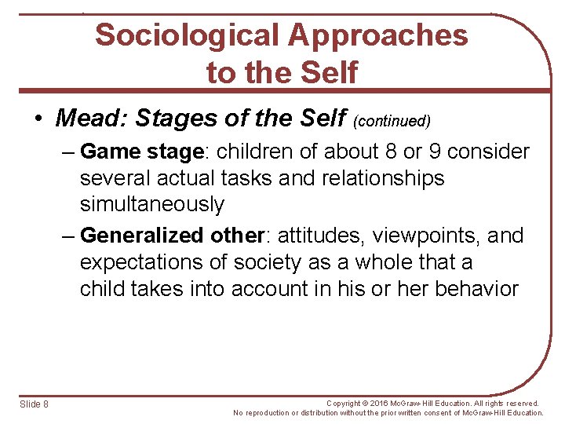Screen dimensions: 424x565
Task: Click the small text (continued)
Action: (x=392, y=121)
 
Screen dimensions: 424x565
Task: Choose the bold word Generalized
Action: (x=142, y=236)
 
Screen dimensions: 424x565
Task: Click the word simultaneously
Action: (x=152, y=205)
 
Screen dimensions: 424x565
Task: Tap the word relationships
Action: (x=383, y=178)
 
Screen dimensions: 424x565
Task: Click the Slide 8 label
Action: (x=35, y=404)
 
